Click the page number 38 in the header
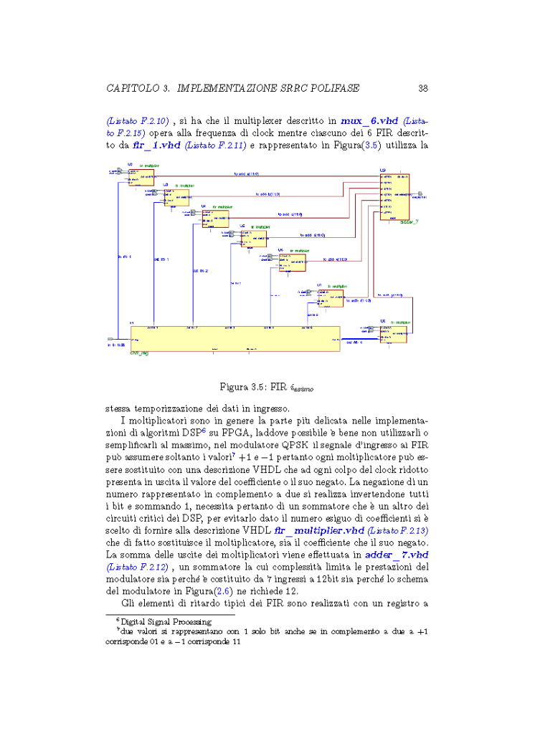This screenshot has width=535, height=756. [423, 88]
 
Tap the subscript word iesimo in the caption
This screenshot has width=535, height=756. [301, 389]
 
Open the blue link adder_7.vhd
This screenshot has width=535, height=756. [397, 555]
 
